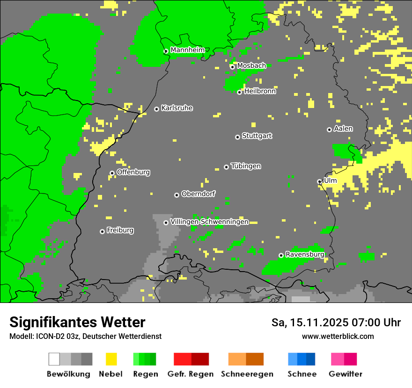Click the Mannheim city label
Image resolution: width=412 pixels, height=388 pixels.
click(187, 50)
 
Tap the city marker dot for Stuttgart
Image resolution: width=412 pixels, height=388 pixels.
click(238, 137)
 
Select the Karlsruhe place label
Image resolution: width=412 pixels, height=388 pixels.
click(177, 108)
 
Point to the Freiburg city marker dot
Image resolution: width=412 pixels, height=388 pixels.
click(102, 231)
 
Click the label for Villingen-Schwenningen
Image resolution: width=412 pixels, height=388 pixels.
click(209, 222)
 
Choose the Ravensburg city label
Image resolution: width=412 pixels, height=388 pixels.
click(305, 255)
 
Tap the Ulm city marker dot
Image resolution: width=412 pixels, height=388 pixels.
click(319, 181)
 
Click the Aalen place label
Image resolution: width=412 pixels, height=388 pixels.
click(343, 129)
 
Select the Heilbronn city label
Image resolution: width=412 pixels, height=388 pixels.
click(260, 91)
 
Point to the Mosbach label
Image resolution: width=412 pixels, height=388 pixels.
click(251, 66)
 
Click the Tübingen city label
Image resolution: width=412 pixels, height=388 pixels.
click(246, 166)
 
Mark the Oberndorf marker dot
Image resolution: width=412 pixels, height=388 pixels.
click(177, 195)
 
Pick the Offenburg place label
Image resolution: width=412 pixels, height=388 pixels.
click(133, 172)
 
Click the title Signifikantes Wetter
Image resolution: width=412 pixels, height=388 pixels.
click(77, 322)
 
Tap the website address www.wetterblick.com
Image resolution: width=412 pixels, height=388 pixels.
click(338, 336)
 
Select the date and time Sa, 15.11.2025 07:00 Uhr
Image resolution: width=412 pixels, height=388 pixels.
click(336, 323)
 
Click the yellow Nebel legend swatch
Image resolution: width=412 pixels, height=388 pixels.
click(111, 359)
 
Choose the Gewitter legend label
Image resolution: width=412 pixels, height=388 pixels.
click(345, 374)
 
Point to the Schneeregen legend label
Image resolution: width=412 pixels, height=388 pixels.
click(247, 374)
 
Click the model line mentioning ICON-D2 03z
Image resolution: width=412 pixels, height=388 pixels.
click(85, 336)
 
